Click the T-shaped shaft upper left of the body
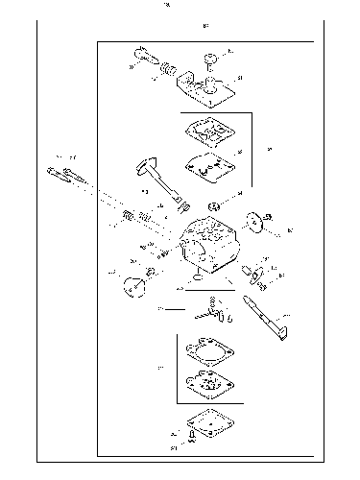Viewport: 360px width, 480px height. click(154, 178)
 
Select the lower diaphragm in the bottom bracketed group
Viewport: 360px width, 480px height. click(207, 386)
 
